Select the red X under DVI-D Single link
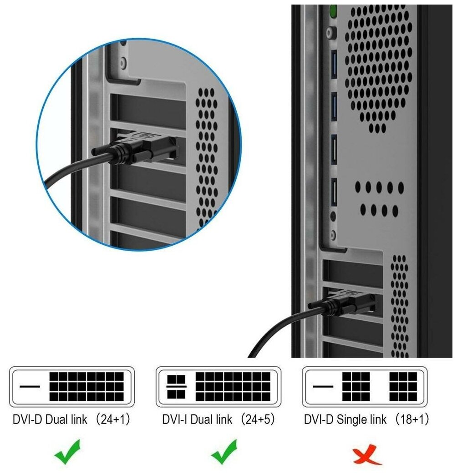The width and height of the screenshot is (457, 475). (367, 454)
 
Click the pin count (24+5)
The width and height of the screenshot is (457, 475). (258, 419)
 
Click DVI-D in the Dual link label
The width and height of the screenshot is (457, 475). (27, 419)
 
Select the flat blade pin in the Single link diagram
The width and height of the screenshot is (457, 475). (323, 387)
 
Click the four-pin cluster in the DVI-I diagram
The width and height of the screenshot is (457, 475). (177, 387)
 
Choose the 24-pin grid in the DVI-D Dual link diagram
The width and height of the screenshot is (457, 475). (86, 387)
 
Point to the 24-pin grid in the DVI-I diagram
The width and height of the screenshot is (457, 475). (233, 387)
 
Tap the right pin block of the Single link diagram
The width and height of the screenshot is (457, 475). (403, 387)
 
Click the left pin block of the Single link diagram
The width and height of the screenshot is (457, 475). (356, 387)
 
